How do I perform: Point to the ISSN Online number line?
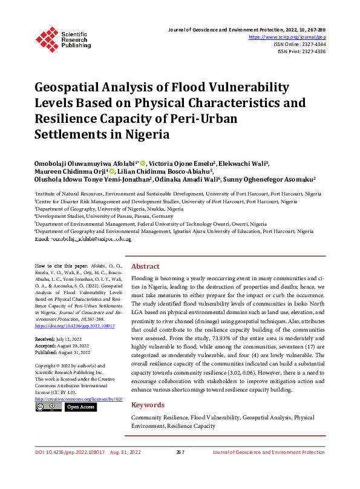pyautogui.click(x=299, y=44)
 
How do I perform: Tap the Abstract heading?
pyautogui.click(x=145, y=266)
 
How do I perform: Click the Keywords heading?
pyautogui.click(x=148, y=405)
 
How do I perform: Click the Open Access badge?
pyautogui.click(x=80, y=407)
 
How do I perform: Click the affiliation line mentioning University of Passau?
pyautogui.click(x=103, y=216)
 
